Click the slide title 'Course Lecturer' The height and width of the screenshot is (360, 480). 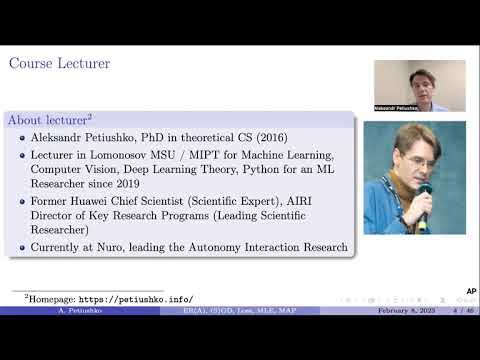[x=59, y=64]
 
